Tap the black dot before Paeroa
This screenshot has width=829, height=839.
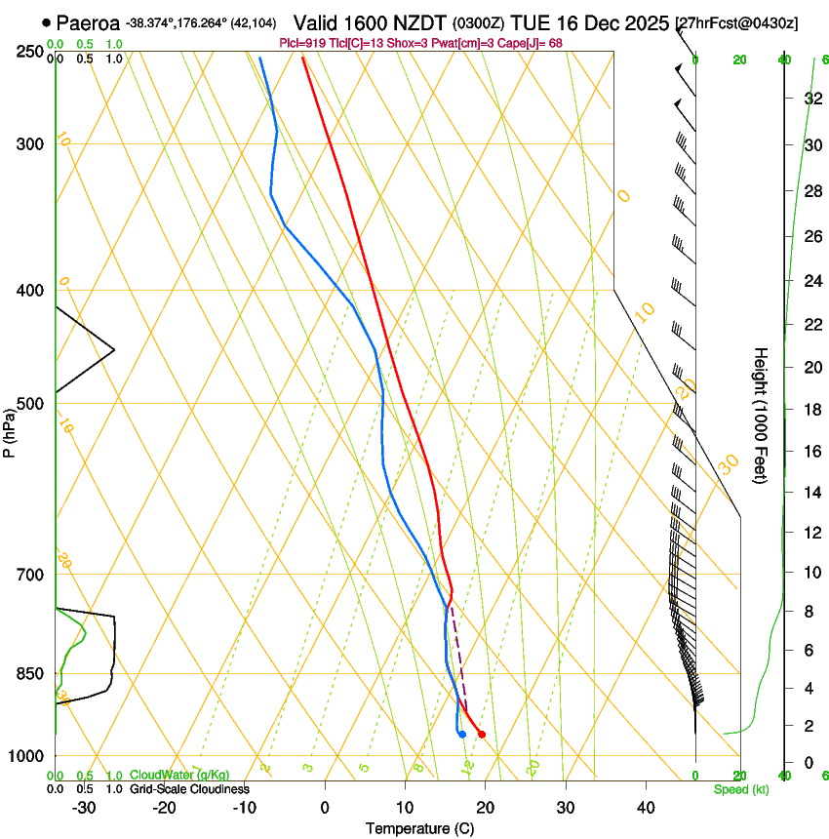pyautogui.click(x=47, y=22)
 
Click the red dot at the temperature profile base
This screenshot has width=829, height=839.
pyautogui.click(x=482, y=735)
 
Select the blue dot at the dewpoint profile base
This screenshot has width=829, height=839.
pyautogui.click(x=462, y=735)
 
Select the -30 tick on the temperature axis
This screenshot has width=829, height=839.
pyautogui.click(x=83, y=808)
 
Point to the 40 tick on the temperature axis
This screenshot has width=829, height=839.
pyautogui.click(x=646, y=808)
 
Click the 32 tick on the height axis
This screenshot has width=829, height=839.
pyautogui.click(x=810, y=99)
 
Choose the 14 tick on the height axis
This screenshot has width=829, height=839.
pyautogui.click(x=810, y=493)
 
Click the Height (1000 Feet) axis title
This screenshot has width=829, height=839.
pyautogui.click(x=761, y=415)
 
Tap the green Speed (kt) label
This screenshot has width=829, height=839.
pyautogui.click(x=740, y=789)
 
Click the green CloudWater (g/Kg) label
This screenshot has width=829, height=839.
pyautogui.click(x=179, y=776)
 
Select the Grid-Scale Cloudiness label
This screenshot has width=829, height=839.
pyautogui.click(x=188, y=789)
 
